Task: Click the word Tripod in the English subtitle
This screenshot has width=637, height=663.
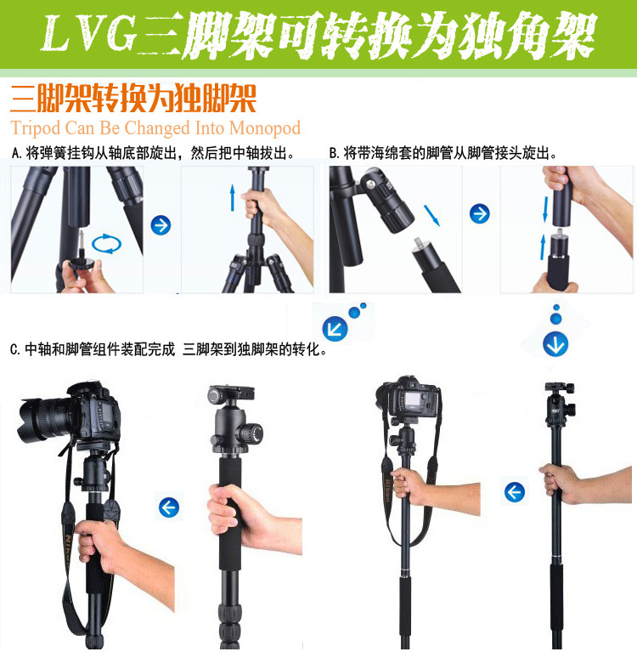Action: [36, 128]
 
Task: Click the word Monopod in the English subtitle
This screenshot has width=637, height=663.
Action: [265, 128]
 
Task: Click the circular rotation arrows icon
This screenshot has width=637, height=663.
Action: [106, 244]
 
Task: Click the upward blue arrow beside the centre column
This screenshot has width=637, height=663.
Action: [233, 197]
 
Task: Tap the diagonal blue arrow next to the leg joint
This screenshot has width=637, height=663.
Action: [431, 215]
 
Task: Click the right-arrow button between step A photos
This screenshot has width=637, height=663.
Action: [161, 225]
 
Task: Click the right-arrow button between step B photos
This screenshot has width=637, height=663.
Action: [480, 213]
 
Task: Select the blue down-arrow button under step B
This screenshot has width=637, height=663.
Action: [555, 343]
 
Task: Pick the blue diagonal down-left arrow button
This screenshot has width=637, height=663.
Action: [335, 329]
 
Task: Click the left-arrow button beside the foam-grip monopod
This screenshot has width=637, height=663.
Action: [169, 507]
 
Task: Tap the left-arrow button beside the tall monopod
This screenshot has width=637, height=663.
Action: [515, 492]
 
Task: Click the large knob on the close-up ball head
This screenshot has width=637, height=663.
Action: [250, 433]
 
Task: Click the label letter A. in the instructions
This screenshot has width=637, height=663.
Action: [17, 153]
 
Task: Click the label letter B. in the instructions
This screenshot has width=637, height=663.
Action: [335, 153]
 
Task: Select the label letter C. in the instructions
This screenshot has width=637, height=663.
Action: [15, 349]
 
